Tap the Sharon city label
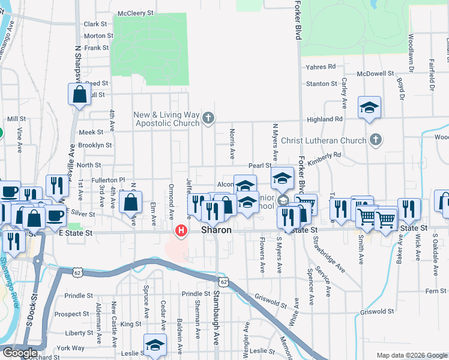pyautogui.click(x=216, y=230)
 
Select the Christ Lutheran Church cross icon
pyautogui.click(x=375, y=140)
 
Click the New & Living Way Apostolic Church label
pyautogui.click(x=166, y=119)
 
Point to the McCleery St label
pyautogui.click(x=136, y=13)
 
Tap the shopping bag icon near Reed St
pyautogui.click(x=80, y=94)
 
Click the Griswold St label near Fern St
pyautogui.click(x=377, y=311)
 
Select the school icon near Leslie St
pyautogui.click(x=155, y=346)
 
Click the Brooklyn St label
pyautogui.click(x=95, y=145)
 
